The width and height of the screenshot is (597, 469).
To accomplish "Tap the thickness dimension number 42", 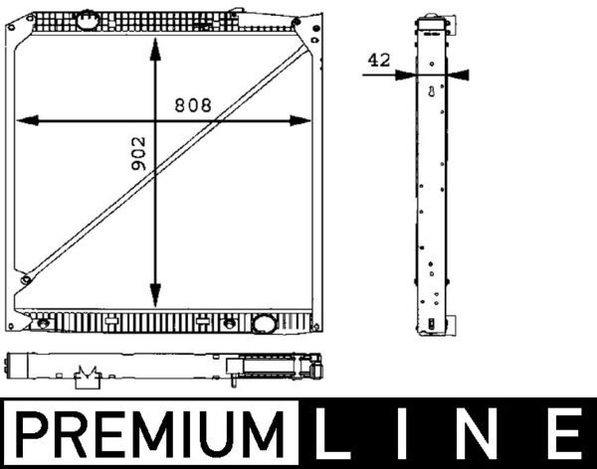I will coord(378,60).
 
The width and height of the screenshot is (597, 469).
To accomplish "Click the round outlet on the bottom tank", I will coord(265,323).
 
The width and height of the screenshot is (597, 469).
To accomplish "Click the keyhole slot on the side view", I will coord(431,93).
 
